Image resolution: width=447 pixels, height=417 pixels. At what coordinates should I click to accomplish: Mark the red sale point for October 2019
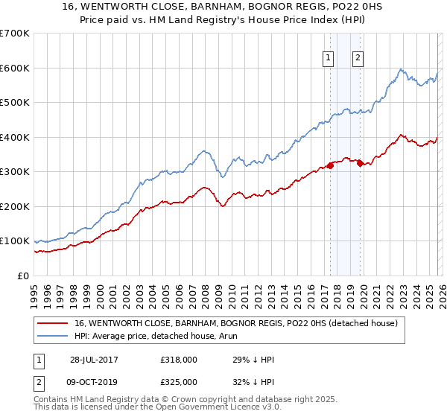point(360,163)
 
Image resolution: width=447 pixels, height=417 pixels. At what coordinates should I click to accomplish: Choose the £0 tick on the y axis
point(22,276)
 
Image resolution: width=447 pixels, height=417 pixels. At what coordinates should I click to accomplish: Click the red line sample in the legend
point(52,323)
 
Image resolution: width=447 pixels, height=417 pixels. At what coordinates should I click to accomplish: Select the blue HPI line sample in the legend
point(52,336)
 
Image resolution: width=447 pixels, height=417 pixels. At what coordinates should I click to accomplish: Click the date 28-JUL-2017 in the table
point(95,360)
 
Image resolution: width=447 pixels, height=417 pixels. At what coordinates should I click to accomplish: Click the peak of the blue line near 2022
point(400,69)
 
